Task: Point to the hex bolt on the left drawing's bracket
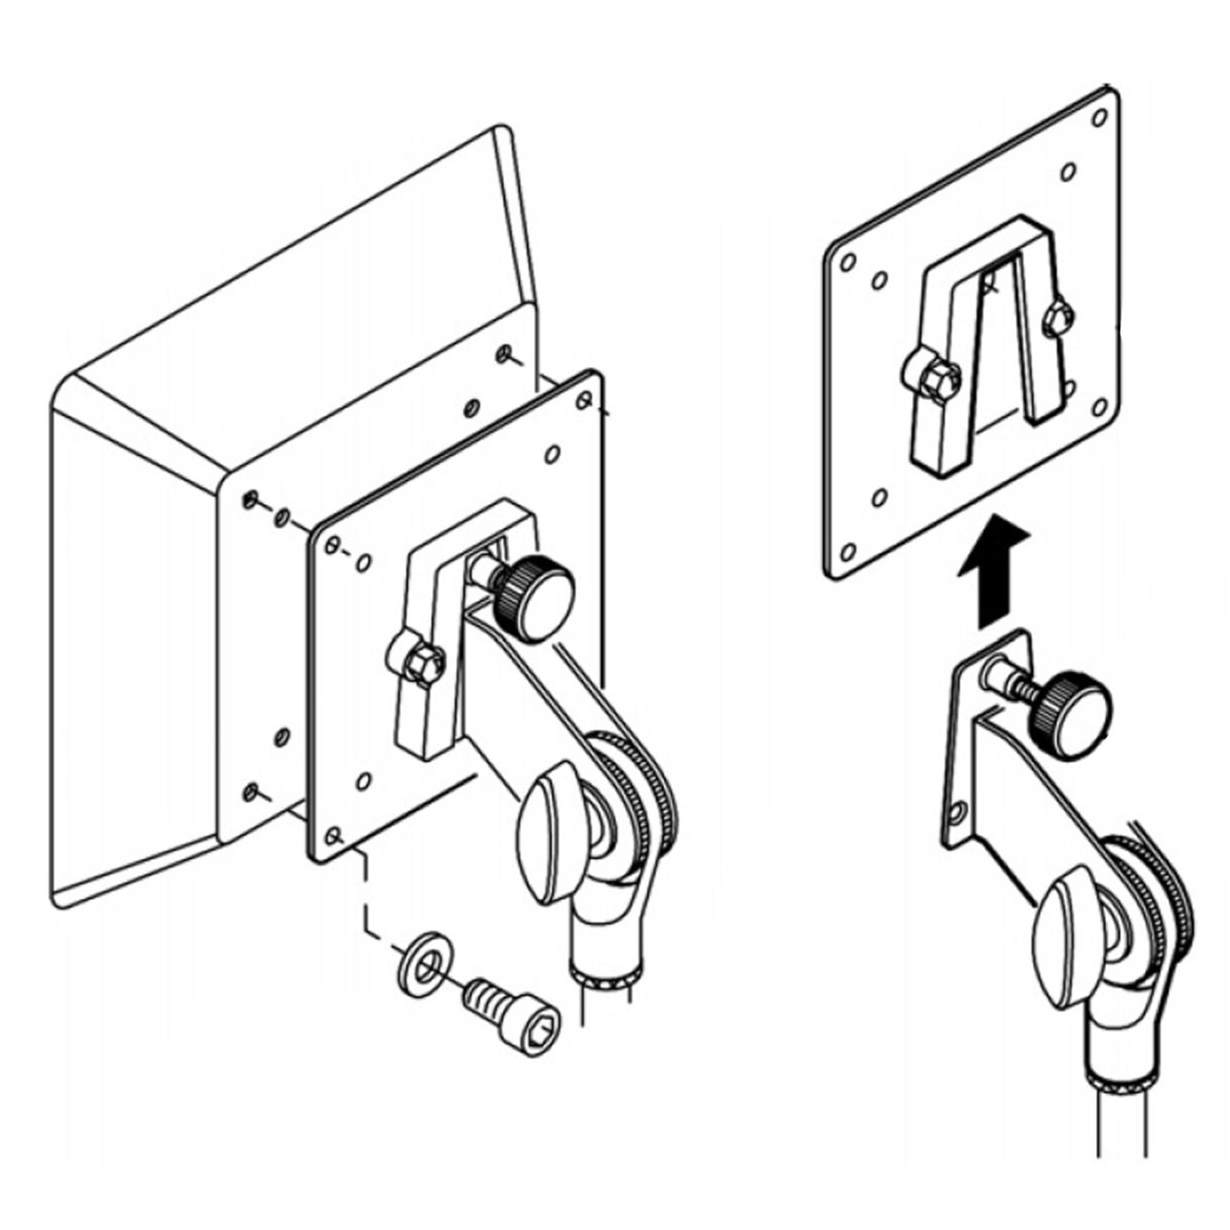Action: [x=421, y=662]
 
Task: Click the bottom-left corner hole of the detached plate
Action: [x=849, y=551]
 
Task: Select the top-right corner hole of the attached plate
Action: [x=584, y=399]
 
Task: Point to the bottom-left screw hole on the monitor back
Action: [x=251, y=791]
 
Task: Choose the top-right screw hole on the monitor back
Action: [x=503, y=354]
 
